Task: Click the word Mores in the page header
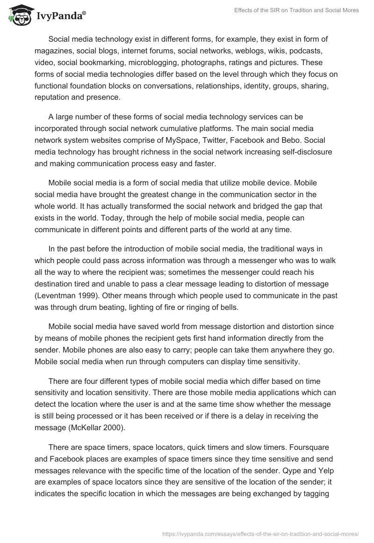coord(350,10)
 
